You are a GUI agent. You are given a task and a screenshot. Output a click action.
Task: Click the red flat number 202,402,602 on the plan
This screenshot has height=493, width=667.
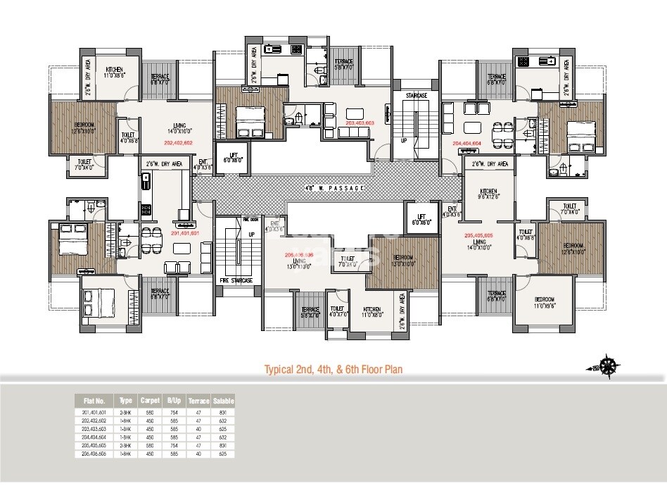pyautogui.click(x=163, y=142)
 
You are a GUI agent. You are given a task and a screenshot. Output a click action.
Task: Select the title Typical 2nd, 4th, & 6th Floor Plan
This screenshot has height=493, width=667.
pyautogui.click(x=333, y=368)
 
